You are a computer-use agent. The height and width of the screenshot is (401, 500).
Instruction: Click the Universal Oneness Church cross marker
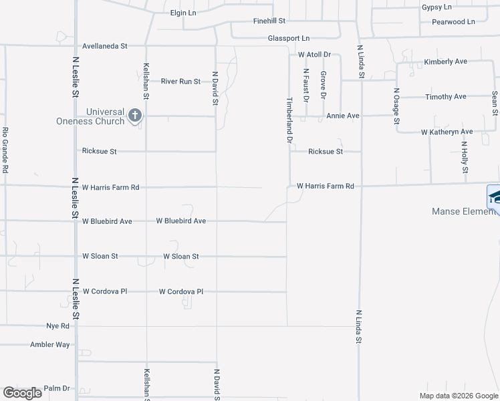(134, 116)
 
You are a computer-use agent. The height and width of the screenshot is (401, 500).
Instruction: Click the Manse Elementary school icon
(494, 198)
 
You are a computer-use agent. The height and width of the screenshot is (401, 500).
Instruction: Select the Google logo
(22, 393)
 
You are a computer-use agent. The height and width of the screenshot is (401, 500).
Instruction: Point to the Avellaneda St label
(104, 46)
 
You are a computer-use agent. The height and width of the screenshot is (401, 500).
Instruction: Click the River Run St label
(180, 82)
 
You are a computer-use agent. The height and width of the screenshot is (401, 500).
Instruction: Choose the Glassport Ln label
(289, 39)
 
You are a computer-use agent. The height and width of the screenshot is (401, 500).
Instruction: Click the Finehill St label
(269, 21)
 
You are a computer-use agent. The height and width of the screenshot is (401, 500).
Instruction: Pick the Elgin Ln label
(183, 13)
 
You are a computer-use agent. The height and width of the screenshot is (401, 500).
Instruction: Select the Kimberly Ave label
(445, 61)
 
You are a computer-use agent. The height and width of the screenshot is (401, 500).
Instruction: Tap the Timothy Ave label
(446, 97)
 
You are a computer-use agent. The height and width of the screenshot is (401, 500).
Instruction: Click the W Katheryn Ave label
(447, 132)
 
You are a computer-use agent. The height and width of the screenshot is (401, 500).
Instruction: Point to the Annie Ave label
(343, 116)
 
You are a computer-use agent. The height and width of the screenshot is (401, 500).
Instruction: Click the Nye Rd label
(57, 326)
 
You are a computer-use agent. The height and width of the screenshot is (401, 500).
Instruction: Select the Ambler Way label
(50, 345)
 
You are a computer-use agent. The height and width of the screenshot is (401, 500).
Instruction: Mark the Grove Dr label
(323, 86)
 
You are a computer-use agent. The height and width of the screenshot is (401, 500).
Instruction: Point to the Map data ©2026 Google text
(458, 396)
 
